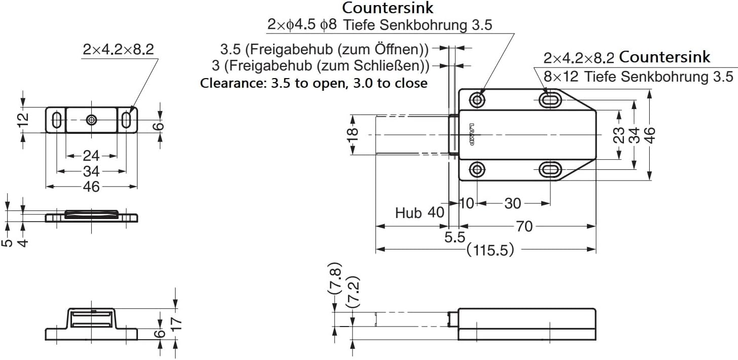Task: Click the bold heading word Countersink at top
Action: click(x=388, y=8)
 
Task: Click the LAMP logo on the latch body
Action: click(x=471, y=135)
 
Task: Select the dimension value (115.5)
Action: click(x=490, y=249)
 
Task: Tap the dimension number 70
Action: click(x=524, y=226)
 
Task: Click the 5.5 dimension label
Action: click(x=454, y=237)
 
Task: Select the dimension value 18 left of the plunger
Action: click(x=354, y=134)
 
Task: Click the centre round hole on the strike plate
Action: click(x=91, y=120)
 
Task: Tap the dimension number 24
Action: click(x=91, y=156)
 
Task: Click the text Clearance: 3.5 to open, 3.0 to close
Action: click(x=313, y=83)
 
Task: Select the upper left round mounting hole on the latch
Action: click(x=477, y=99)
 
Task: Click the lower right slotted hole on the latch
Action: click(x=550, y=169)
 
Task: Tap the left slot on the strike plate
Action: click(x=56, y=120)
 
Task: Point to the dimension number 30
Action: click(x=512, y=203)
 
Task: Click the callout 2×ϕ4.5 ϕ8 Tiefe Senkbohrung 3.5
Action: click(x=379, y=24)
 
